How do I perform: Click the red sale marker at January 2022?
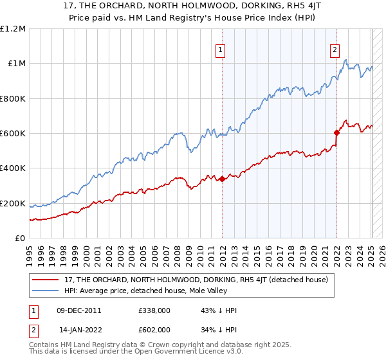(336, 133)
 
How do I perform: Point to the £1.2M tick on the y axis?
(13, 29)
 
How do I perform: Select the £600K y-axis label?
(13, 134)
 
